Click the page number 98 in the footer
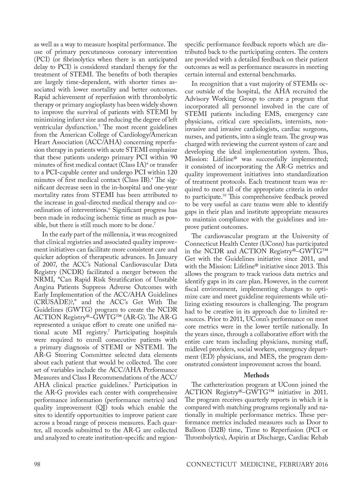point(37,464)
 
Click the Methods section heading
point(256,375)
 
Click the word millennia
point(115,234)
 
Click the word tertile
point(272,327)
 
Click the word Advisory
point(197,98)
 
